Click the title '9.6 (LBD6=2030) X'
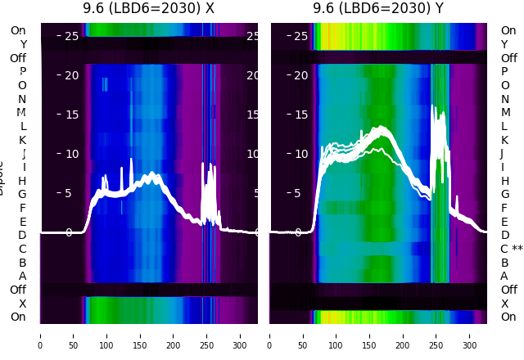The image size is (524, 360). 148,9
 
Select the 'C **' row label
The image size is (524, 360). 511,249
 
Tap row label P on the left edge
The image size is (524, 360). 22,71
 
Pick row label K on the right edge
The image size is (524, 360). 504,140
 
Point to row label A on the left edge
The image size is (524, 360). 22,276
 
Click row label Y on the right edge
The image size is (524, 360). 504,44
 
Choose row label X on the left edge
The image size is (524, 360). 22,304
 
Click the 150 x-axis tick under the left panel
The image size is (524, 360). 140,335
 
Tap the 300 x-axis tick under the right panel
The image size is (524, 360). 470,335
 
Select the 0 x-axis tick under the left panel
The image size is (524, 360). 40,335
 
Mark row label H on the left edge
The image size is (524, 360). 22,181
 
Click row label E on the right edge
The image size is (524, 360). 504,222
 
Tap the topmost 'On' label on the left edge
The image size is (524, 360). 18,30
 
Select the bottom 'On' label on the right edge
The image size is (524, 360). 508,317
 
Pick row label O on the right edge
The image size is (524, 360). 504,85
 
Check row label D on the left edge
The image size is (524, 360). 22,235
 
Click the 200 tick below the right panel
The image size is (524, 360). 404,335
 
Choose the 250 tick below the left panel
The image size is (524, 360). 206,335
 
